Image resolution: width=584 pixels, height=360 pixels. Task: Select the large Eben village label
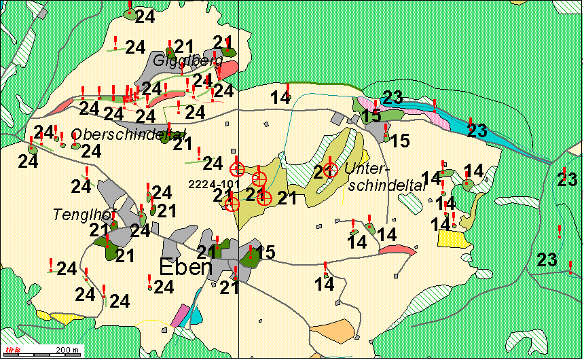[185, 268]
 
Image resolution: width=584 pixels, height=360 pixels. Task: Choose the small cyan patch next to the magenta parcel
[196, 315]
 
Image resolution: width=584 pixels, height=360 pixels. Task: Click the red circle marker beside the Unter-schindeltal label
[330, 169]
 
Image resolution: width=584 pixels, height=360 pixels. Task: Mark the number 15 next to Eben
[266, 253]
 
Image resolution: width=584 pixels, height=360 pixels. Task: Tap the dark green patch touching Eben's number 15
[249, 256]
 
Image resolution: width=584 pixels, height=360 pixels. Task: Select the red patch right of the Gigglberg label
[228, 69]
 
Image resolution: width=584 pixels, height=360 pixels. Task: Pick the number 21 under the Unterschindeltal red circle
[322, 172]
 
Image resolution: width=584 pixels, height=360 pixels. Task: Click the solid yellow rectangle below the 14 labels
[452, 238]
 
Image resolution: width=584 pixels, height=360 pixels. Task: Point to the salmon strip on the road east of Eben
[397, 249]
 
